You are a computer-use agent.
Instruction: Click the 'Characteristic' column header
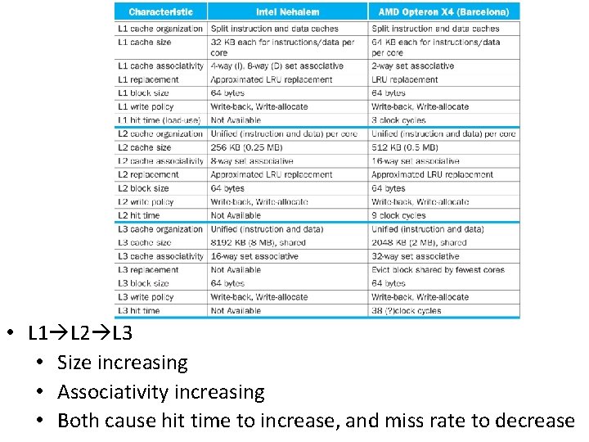[x=160, y=11]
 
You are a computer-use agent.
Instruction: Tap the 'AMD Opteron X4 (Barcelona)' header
[x=443, y=11]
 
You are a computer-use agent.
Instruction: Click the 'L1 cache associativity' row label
[x=160, y=66]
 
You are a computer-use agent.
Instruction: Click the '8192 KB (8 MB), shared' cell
[x=258, y=242]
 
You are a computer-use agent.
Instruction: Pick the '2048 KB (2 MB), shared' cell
[x=419, y=242]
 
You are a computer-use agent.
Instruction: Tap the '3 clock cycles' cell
[x=398, y=120]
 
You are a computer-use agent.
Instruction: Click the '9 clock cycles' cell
[x=398, y=215]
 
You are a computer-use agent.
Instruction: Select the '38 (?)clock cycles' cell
[x=406, y=310]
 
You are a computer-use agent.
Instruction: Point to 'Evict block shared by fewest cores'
[x=438, y=269]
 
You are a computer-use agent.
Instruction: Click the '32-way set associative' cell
[x=415, y=256]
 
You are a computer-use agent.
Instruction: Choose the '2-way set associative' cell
[x=412, y=66]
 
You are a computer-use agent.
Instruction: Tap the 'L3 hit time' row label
[x=139, y=310]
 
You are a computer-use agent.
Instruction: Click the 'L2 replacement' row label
[x=148, y=174]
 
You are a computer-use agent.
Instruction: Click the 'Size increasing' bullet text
[x=123, y=363]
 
